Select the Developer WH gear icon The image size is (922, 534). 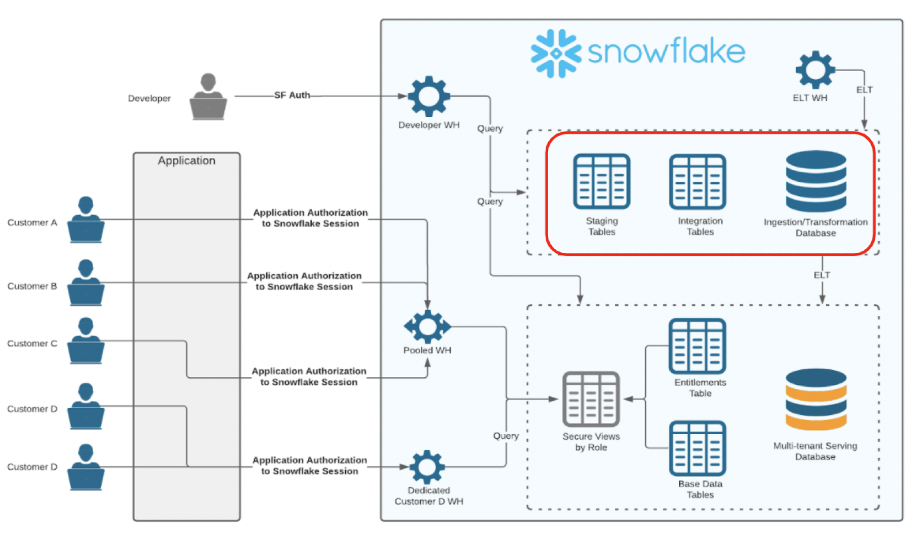[x=429, y=97]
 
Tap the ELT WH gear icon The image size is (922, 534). [x=815, y=70]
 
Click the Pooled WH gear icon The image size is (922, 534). [x=427, y=327]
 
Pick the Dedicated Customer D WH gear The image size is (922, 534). [x=427, y=467]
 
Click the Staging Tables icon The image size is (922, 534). [x=602, y=181]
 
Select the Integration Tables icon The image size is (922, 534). [x=698, y=181]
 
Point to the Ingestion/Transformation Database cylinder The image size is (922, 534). [x=816, y=181]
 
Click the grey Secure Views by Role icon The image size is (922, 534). [x=591, y=399]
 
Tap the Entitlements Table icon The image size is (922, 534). [x=698, y=346]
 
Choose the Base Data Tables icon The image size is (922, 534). [x=698, y=448]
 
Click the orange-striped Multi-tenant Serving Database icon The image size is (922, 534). [x=816, y=399]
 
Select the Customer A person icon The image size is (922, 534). [x=86, y=220]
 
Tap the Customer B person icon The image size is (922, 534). [x=86, y=283]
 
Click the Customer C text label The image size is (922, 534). [x=32, y=344]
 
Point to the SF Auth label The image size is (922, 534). [x=292, y=95]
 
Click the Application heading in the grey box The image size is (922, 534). [x=186, y=161]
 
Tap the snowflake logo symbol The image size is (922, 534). [x=556, y=54]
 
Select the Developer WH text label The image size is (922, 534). [x=429, y=125]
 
